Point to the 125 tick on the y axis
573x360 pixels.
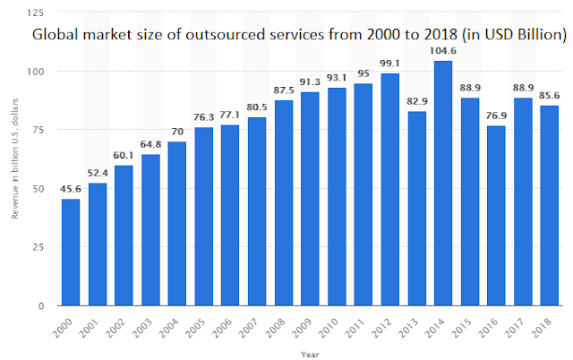point(35,13)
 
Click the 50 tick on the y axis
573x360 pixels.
point(38,189)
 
